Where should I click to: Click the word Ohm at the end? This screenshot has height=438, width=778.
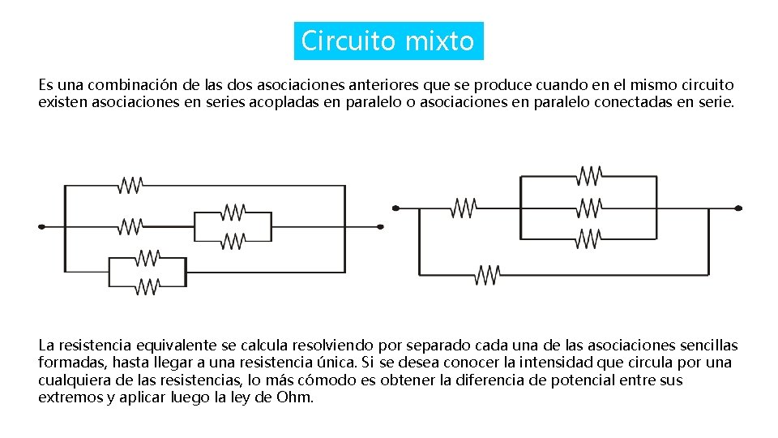[x=294, y=397]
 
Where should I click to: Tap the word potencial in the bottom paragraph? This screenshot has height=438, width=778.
[x=590, y=380]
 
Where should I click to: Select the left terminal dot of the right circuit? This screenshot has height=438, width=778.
[x=395, y=208]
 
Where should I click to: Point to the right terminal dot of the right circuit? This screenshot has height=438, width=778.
[x=738, y=208]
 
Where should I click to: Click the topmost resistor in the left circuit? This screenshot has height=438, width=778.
[x=130, y=186]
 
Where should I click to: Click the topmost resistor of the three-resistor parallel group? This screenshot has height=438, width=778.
[x=589, y=175]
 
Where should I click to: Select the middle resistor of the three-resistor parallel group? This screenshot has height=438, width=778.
[x=589, y=208]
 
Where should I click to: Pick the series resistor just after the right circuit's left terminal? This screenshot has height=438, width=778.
[x=464, y=208]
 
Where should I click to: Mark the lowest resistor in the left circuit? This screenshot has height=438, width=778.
[x=147, y=286]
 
